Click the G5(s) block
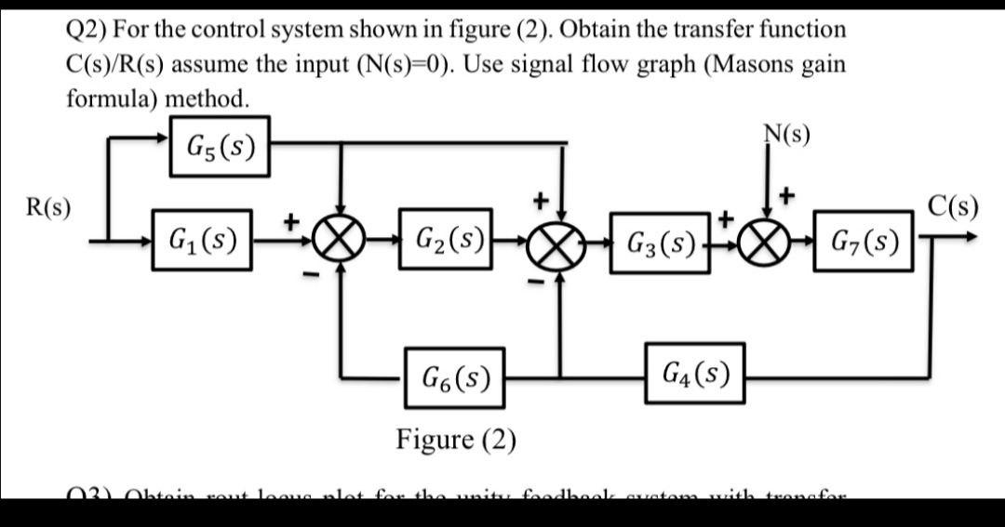(x=221, y=147)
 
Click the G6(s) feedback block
(x=454, y=377)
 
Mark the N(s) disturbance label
(x=785, y=136)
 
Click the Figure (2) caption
(x=456, y=438)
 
